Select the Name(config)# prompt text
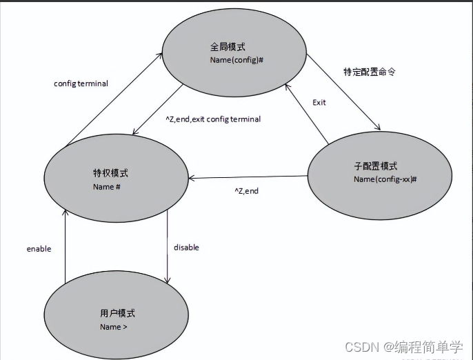236,61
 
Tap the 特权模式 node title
110,173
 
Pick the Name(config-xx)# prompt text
385,179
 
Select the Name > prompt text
113,327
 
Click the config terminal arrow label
81,84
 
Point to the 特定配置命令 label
369,72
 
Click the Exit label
319,102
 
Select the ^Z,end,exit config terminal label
213,119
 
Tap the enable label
39,249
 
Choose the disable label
186,247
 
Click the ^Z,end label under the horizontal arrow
246,191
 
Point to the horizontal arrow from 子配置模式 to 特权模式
248,178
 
